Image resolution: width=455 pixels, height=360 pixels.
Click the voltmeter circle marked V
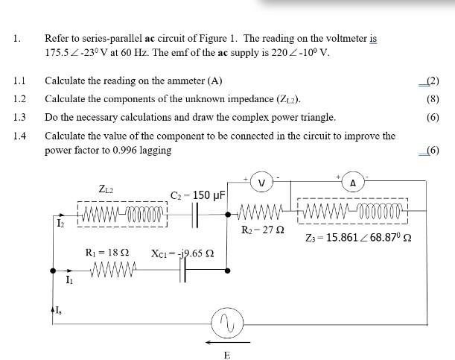pos(261,183)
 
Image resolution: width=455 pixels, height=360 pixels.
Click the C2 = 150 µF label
pos(199,195)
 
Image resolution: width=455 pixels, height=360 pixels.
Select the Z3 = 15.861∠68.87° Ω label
pos(358,239)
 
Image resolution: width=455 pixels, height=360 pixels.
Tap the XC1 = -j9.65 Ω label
pos(182,253)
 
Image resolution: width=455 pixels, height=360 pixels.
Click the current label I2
pos(61,222)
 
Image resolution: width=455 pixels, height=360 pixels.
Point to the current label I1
pos(69,280)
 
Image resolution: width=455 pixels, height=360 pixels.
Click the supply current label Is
pos(56,311)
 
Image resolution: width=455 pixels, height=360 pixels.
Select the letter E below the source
pos(227,355)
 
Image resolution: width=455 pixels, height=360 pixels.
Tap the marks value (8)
pos(431,98)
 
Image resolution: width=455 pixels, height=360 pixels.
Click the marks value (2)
pos(430,80)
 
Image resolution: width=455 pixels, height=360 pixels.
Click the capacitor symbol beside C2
pos(197,215)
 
